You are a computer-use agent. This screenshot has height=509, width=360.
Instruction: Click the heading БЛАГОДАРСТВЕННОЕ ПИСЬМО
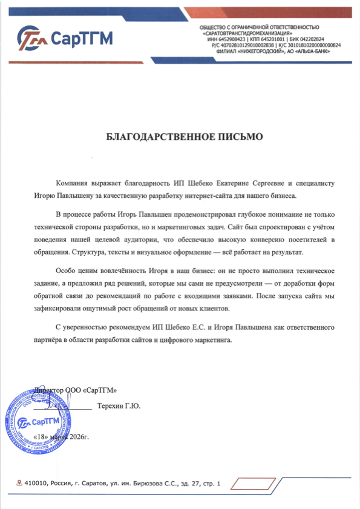pyautogui.click(x=185, y=137)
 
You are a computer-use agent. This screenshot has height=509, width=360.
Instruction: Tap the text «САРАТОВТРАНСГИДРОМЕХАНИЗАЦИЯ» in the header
pyautogui.click(x=250, y=33)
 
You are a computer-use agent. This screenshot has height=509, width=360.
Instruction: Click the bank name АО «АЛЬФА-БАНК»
pyautogui.click(x=315, y=50)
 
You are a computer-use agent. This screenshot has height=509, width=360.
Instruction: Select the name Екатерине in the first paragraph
pyautogui.click(x=226, y=182)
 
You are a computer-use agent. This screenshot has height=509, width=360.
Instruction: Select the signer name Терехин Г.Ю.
pyautogui.click(x=119, y=406)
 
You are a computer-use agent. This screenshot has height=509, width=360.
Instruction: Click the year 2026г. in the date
pyautogui.click(x=77, y=437)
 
